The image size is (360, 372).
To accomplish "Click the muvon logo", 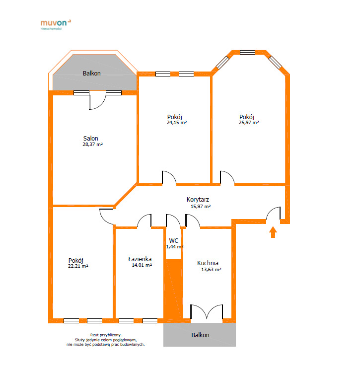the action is pos(56,24).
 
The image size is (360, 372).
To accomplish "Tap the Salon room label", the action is pos(90,138).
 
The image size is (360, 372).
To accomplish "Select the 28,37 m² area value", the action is pos(92,144).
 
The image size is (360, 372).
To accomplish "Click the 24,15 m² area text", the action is pos(177,123).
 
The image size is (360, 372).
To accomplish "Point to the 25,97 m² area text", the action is pos(249,123).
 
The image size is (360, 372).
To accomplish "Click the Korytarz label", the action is pos(198,200).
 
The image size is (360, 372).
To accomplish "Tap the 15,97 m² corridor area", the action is pos(201,207).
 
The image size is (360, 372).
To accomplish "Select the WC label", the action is pos(174,241).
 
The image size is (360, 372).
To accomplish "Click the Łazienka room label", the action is pos(140,259).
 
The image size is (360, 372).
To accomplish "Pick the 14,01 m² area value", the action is pos(142,265).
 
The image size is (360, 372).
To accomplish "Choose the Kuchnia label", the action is pos(208,263).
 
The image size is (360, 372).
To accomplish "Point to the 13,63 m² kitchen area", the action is pos(212,270).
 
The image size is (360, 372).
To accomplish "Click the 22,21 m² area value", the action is pos(78,266).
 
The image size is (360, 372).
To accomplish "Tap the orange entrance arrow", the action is pos(273,232).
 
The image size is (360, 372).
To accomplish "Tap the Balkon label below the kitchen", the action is pos(201,335).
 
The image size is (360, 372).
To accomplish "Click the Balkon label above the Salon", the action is pos(92,74).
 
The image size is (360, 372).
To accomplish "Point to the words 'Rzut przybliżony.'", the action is pos(106,335).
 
